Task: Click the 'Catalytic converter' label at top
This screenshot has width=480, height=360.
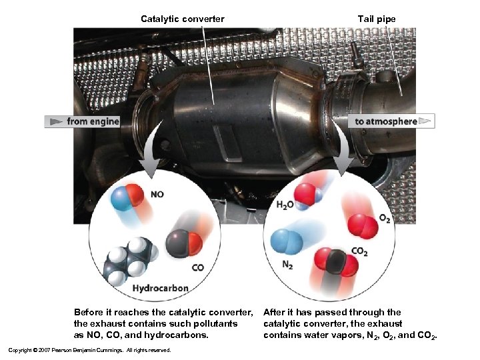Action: pos(182,19)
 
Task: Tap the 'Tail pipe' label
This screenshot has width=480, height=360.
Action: pos(376,19)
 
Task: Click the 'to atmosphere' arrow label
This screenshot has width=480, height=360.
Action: pos(386,121)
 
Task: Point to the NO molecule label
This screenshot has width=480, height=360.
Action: pos(157,195)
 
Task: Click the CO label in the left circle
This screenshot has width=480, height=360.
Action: pos(197,268)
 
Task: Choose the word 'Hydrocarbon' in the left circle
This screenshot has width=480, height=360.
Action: pos(160,289)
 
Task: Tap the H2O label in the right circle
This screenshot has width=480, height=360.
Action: pos(285,205)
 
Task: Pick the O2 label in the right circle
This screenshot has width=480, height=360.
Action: pos(385,219)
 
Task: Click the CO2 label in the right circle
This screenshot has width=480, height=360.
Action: pos(359,251)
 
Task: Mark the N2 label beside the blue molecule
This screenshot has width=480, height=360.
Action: pos(287,265)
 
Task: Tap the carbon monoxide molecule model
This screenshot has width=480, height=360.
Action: pos(183,243)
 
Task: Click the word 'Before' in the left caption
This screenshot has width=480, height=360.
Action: pos(89,312)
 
